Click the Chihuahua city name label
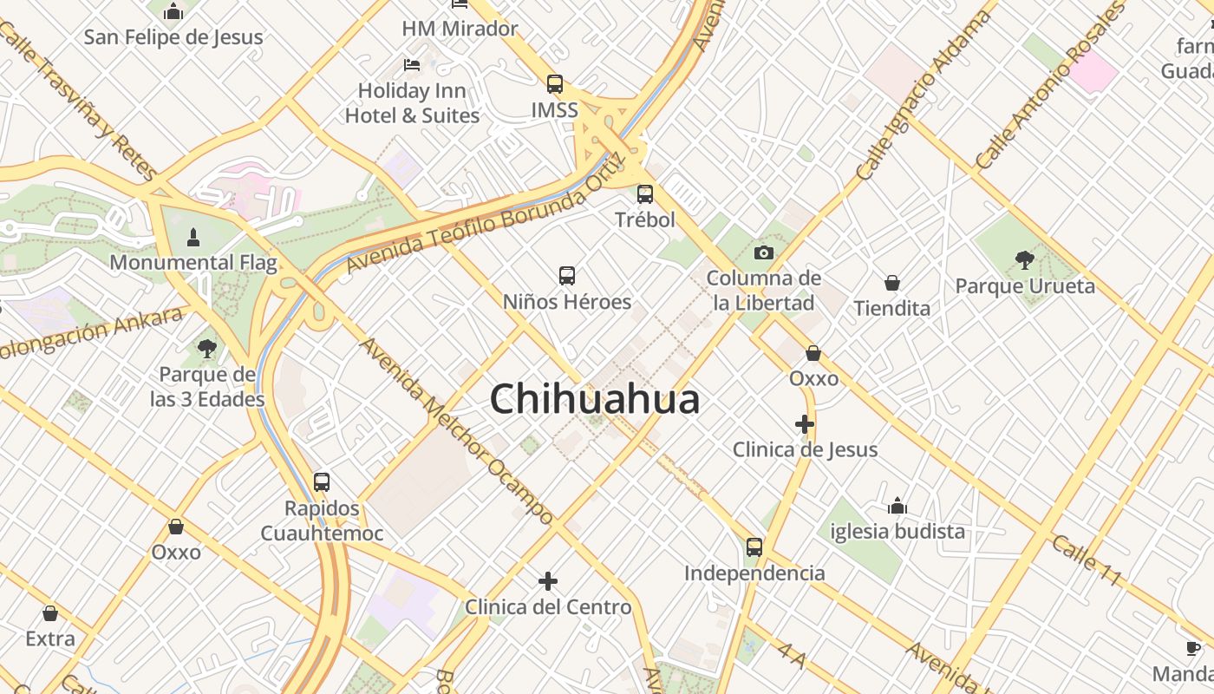595,399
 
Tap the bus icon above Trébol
645,194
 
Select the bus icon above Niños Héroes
567,276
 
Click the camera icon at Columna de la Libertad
763,252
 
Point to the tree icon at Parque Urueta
1024,259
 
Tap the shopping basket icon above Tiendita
891,283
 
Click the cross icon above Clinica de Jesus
805,424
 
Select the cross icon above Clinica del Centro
548,581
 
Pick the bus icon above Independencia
754,547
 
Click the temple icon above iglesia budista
897,506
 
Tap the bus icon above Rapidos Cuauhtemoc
322,482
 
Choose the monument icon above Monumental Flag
193,236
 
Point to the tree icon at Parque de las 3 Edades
206,349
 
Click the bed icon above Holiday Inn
412,65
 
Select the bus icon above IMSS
555,84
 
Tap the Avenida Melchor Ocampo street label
456,431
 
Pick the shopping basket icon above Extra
50,613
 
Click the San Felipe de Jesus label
173,37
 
